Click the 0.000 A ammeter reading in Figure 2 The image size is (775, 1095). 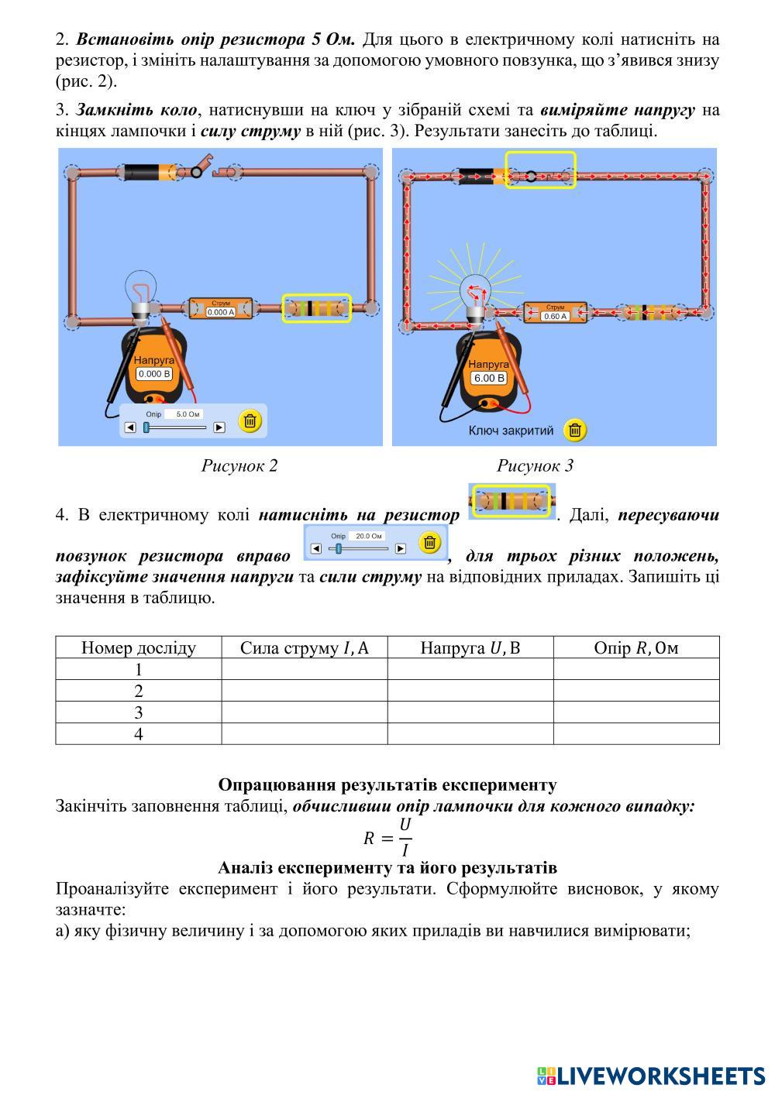tap(221, 312)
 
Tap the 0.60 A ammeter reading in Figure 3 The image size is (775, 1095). tap(555, 316)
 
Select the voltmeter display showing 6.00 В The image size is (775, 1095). tap(489, 378)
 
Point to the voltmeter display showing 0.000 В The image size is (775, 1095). tap(154, 373)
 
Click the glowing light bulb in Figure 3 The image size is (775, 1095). tap(475, 294)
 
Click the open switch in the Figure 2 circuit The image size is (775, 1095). tap(208, 170)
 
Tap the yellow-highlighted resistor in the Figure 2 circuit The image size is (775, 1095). tap(316, 308)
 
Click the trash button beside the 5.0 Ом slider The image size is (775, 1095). tap(250, 421)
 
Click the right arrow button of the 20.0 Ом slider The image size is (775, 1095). tap(400, 548)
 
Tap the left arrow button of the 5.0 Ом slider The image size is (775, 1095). tap(130, 427)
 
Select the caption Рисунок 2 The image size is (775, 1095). tap(239, 465)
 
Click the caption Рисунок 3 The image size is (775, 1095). tap(535, 465)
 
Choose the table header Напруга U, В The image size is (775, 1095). tap(470, 647)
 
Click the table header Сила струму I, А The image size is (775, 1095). tap(304, 647)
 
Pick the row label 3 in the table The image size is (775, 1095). tap(139, 712)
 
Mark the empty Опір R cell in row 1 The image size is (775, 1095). tap(635, 669)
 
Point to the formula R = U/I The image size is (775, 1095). tap(387, 837)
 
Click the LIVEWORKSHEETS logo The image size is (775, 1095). tap(651, 1076)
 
